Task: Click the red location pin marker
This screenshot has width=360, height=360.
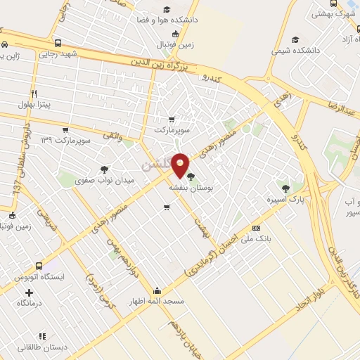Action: coord(181,165)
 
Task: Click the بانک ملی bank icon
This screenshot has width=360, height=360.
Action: coord(256,228)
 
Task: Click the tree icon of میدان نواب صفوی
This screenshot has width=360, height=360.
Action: coord(104,169)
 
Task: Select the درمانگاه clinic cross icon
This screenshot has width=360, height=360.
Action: coord(29,292)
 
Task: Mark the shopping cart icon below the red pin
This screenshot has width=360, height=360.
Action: coord(167,207)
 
